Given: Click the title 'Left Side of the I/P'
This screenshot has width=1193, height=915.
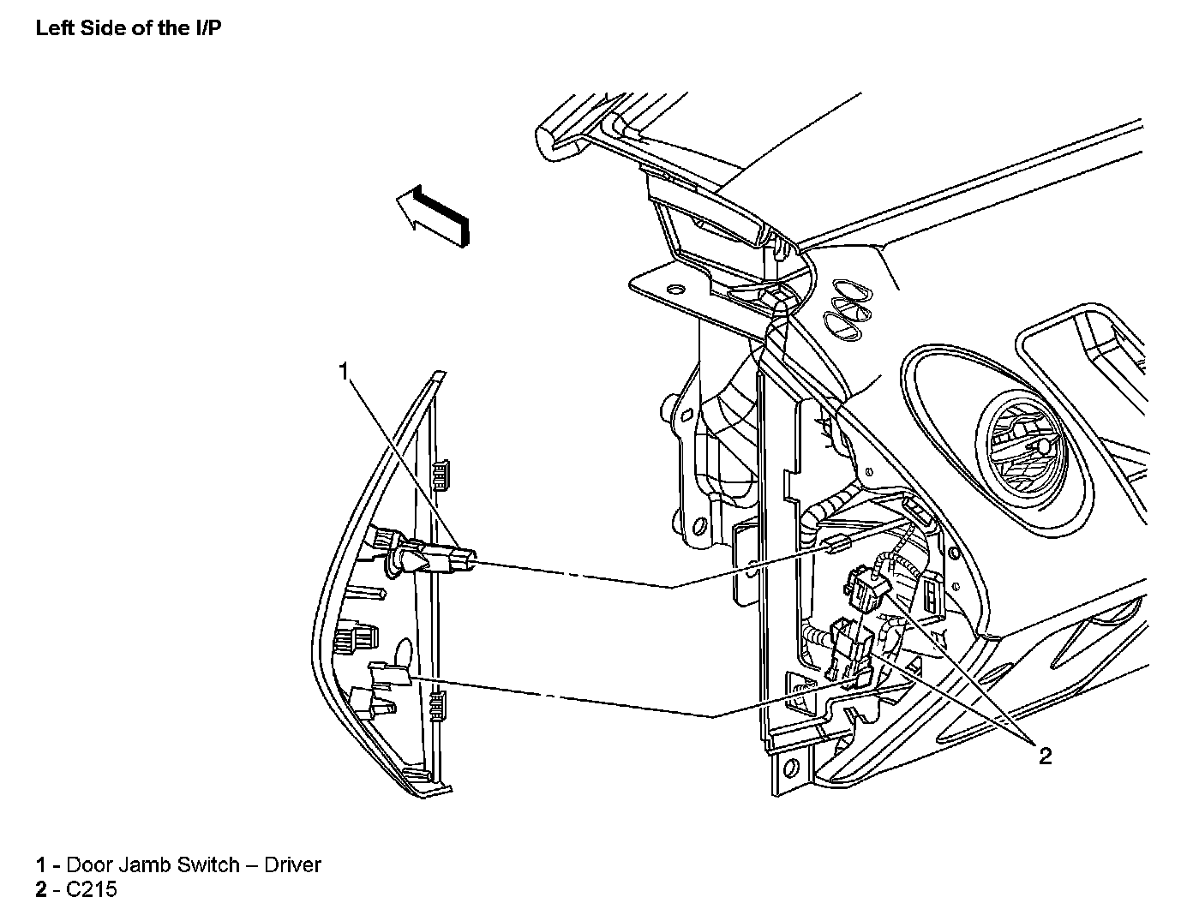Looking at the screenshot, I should click(129, 27).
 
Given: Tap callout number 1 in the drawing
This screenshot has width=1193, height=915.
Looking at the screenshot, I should click(344, 371).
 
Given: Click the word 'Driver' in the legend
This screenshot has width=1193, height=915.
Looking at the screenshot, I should click(292, 864).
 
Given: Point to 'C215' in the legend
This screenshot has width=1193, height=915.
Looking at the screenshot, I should click(91, 889).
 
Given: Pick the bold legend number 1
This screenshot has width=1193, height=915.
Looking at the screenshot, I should click(40, 864).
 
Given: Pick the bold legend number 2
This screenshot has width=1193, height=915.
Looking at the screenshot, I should click(40, 889).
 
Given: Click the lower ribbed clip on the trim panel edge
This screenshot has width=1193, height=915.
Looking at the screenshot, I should click(438, 704).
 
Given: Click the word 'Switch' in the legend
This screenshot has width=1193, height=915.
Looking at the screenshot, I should click(208, 864).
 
